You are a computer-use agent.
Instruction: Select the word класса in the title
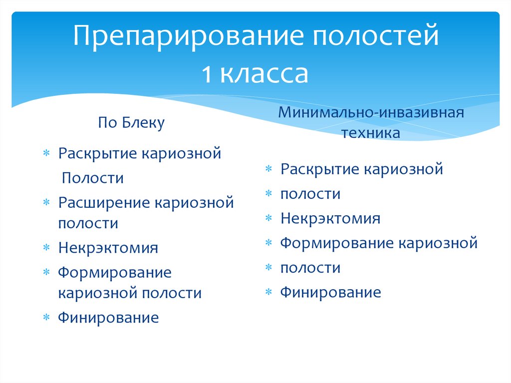(264, 73)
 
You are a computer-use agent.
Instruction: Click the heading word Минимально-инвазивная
(371, 111)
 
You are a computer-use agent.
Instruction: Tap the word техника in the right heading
(371, 133)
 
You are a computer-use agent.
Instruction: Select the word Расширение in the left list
(104, 203)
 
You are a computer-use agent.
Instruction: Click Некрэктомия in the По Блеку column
(108, 248)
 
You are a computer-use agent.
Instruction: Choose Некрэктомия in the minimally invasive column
(330, 218)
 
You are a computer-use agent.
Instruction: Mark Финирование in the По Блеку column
(108, 318)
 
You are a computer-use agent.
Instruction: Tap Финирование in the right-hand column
(330, 292)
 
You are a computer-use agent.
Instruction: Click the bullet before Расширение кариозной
(46, 203)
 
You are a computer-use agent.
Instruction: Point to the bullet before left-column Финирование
(46, 318)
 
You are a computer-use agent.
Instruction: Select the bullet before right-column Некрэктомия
(268, 218)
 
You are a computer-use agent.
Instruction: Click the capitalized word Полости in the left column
(92, 178)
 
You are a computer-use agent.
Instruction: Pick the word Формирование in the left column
(114, 273)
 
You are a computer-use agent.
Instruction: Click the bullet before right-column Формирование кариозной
(268, 243)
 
